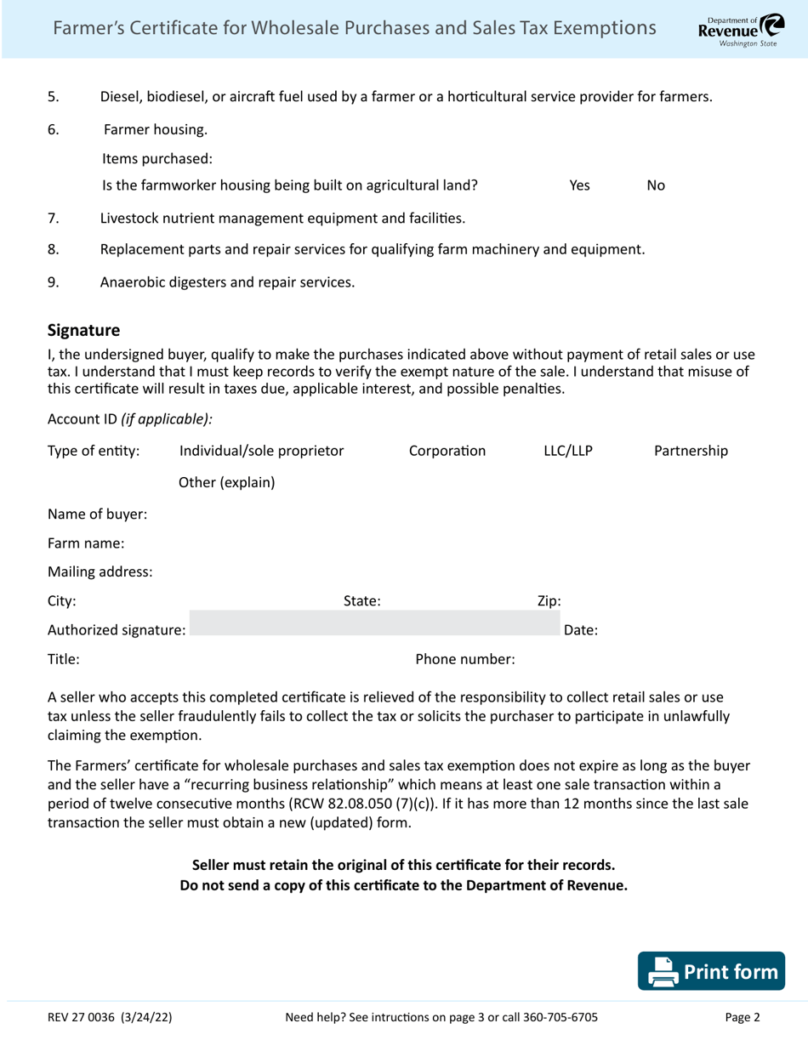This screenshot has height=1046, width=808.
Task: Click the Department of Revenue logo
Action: [x=737, y=30]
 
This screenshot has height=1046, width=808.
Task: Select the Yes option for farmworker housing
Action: [x=579, y=185]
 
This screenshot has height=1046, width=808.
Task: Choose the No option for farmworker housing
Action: [x=656, y=185]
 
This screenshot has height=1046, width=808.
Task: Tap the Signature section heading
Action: [x=83, y=329]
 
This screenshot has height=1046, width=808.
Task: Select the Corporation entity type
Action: [x=447, y=451]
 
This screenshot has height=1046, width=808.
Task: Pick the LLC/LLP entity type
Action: [x=567, y=451]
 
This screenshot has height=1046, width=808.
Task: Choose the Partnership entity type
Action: [x=690, y=451]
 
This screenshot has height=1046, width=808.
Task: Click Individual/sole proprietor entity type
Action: [x=261, y=451]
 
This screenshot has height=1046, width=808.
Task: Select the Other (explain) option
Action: [x=226, y=482]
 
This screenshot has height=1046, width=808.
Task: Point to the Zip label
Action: [x=549, y=601]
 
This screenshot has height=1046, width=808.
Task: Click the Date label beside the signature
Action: [x=582, y=630]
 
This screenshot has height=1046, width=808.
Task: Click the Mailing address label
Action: [x=100, y=572]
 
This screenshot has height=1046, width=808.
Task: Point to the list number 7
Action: [x=53, y=219]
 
